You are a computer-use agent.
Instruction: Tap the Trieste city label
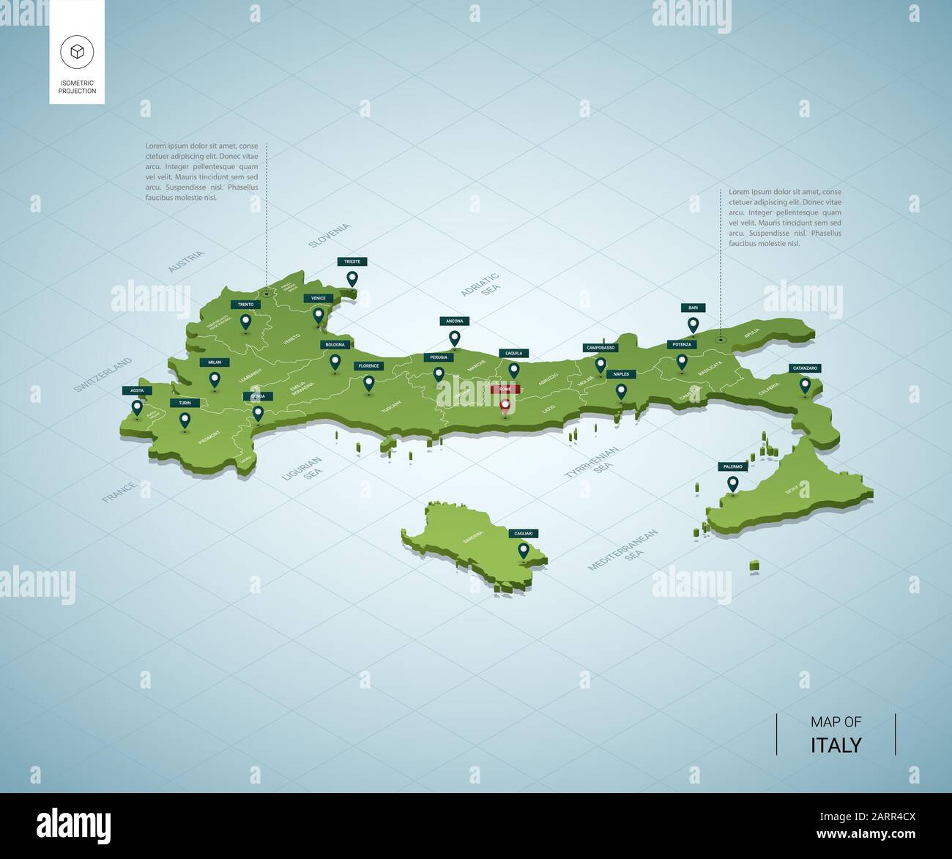pos(352,261)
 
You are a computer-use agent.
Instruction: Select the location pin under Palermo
pos(732,484)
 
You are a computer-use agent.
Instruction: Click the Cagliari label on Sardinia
pos(523,533)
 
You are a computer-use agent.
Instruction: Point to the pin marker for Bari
pos(692,324)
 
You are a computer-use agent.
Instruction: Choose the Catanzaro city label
pos(804,368)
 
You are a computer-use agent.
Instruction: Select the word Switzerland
pos(103,375)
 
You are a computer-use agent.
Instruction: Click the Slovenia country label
pos(330,235)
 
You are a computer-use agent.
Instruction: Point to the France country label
pos(119,491)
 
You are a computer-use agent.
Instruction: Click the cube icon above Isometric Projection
pos(77,51)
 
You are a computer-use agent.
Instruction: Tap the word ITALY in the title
pos(836,745)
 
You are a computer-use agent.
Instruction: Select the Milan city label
pos(214,362)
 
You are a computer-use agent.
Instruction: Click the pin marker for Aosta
pos(137,408)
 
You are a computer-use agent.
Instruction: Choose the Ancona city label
pos(454,321)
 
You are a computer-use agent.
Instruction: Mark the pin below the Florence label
pos(368,383)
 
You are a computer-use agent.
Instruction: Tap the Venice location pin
pos(318,316)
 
